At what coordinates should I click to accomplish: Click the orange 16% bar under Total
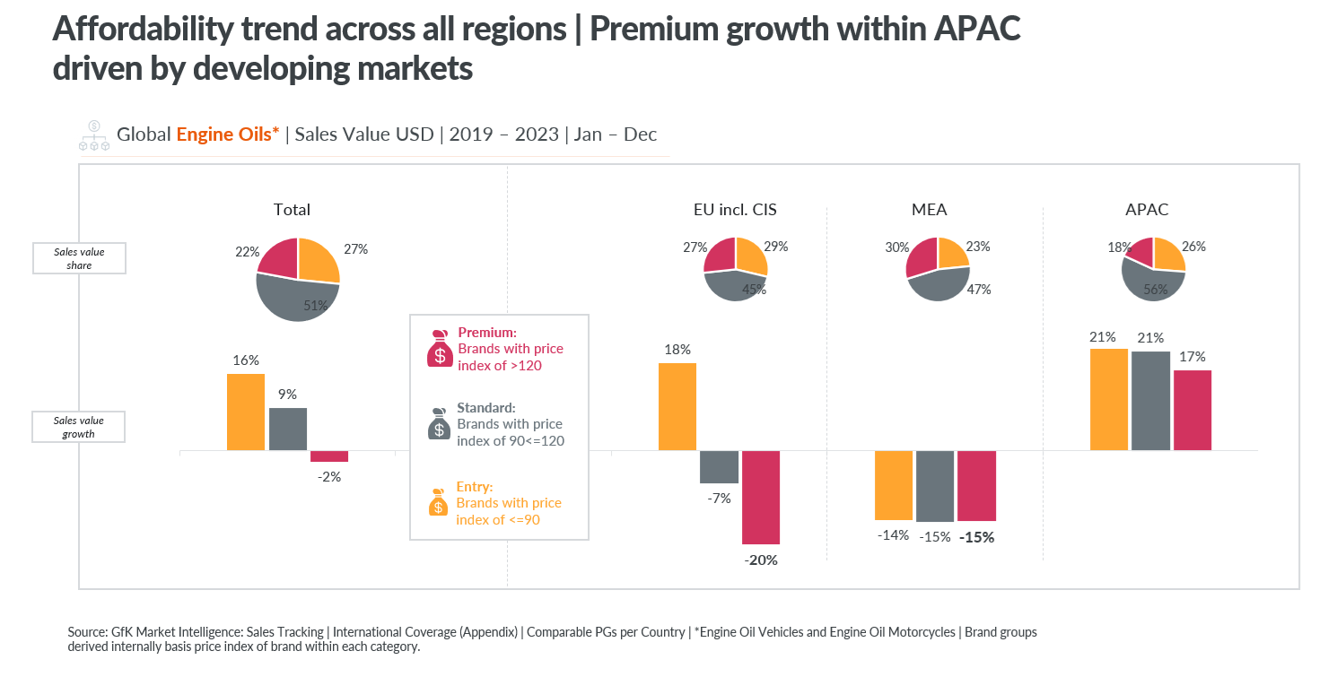point(246,412)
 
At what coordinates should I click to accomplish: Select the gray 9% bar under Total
point(287,429)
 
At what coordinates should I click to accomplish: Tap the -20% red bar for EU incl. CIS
point(761,497)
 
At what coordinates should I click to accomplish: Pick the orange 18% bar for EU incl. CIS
point(677,406)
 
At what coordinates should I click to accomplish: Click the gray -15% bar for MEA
point(935,485)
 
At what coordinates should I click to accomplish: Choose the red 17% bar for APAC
point(1193,410)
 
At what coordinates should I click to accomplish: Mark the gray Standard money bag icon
point(438,425)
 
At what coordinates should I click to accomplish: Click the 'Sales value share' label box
point(79,258)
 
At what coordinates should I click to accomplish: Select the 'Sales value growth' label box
point(79,427)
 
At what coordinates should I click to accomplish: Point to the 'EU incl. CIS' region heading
point(729,210)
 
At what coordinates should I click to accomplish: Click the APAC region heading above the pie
point(1147,210)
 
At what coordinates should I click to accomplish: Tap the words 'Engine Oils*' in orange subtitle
point(228,135)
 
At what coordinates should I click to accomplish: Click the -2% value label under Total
point(329,477)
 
